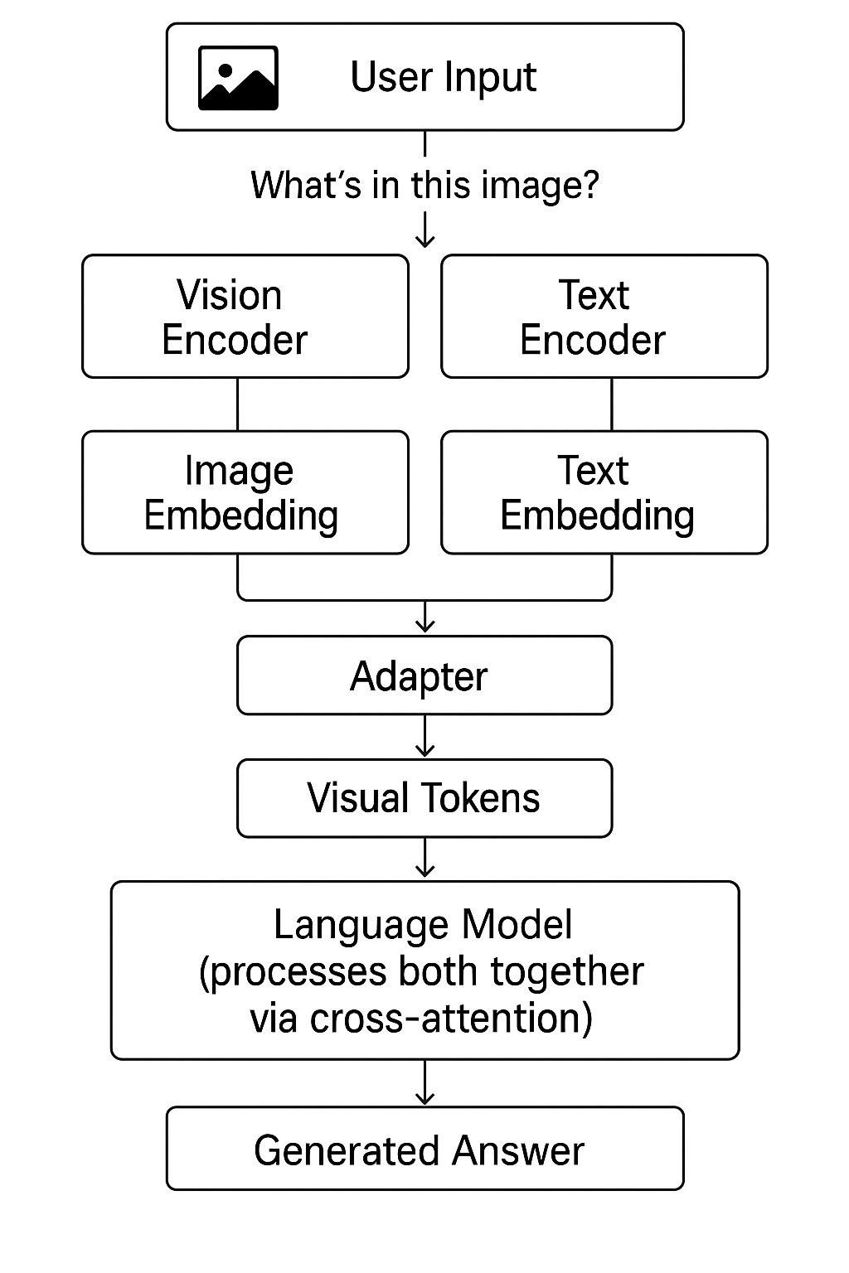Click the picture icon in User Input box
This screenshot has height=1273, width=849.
click(x=238, y=78)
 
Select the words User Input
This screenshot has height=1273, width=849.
click(x=443, y=77)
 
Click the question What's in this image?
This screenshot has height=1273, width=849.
click(x=424, y=185)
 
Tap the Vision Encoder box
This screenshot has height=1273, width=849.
click(x=245, y=317)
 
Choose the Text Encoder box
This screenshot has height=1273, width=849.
click(x=604, y=317)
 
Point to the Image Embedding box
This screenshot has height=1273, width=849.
click(x=245, y=492)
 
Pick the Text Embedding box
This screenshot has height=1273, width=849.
click(x=604, y=492)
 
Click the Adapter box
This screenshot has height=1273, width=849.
click(x=424, y=675)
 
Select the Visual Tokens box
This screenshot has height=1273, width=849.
click(x=424, y=798)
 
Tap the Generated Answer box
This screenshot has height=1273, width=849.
click(x=424, y=1149)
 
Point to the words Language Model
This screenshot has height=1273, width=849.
click(x=423, y=924)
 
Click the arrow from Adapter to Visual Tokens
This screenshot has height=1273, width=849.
click(x=424, y=737)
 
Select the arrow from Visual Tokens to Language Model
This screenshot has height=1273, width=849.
click(x=424, y=859)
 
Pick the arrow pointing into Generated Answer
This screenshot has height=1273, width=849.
click(x=424, y=1082)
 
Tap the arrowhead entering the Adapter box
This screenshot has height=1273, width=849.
click(x=424, y=627)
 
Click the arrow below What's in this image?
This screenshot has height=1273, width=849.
click(x=424, y=230)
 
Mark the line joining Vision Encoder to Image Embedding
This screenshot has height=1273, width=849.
click(x=238, y=404)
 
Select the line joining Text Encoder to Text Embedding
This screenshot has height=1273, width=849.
click(x=612, y=404)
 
